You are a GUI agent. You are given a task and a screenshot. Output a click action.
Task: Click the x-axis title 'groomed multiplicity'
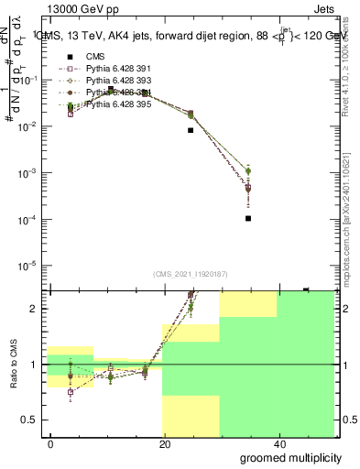(290, 456)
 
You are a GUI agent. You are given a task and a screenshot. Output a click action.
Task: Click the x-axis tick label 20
(164, 443)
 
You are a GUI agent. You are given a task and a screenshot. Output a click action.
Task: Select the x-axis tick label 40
(278, 443)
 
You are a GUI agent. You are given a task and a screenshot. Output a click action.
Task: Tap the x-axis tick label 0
(51, 443)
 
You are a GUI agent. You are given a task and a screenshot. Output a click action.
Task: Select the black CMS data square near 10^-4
(249, 218)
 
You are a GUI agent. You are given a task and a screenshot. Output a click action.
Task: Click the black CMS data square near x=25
(191, 130)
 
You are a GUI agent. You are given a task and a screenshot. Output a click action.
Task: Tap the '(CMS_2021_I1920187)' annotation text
(191, 274)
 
